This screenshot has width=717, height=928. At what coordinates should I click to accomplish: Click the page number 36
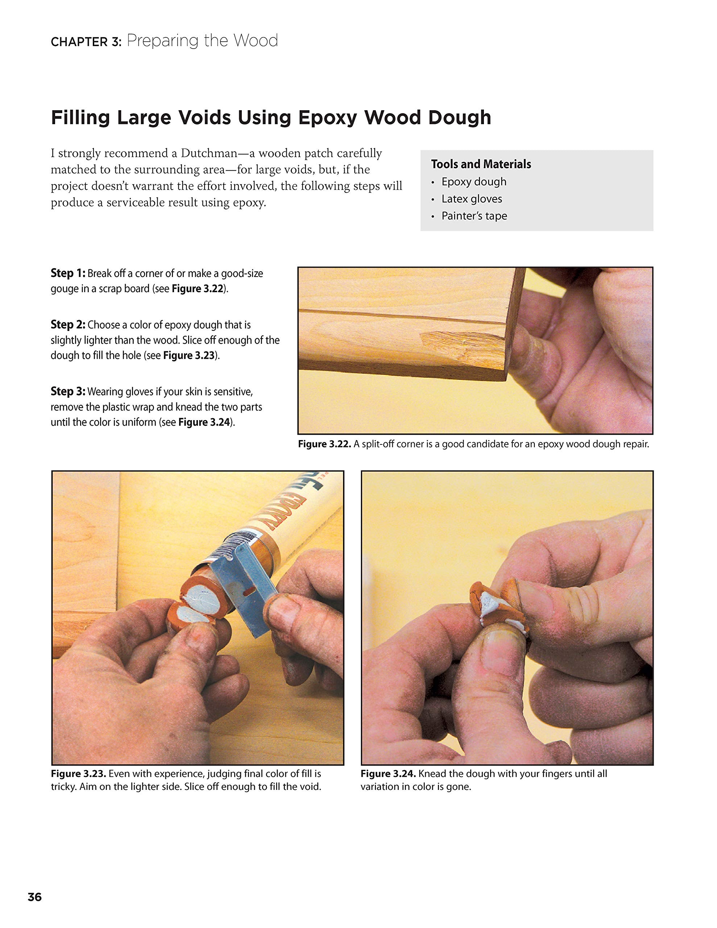34,897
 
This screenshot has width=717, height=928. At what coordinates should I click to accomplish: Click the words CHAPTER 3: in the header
86,42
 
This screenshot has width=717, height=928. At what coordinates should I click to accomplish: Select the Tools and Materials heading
481,164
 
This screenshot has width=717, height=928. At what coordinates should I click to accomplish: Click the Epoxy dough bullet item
474,182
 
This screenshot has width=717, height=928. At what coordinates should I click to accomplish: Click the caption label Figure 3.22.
324,444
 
